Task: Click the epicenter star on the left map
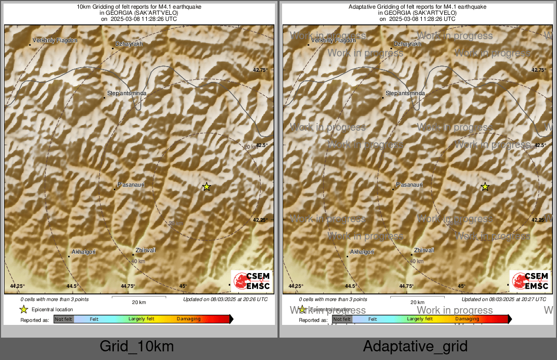pos(206,187)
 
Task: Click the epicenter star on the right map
pos(485,187)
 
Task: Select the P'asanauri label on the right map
pos(410,185)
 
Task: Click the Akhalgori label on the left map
pos(84,252)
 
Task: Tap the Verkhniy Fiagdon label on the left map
pos(55,40)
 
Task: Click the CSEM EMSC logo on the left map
pos(251,281)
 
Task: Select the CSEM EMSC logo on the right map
pos(530,281)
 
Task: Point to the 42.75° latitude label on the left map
pos(260,70)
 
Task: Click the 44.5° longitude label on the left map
pos(72,286)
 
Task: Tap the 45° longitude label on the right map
pos(461,286)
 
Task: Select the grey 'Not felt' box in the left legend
pos(64,319)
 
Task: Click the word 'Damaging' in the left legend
pos(189,319)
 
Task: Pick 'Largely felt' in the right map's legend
pos(420,319)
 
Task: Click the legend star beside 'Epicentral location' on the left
pos(23,309)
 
